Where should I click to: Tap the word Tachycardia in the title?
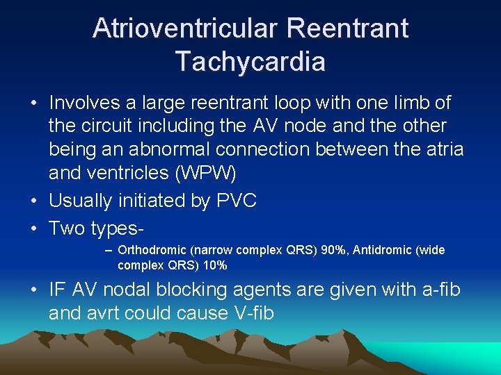point(250,62)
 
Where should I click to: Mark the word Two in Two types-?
point(67,228)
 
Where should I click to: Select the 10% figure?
point(215,265)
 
